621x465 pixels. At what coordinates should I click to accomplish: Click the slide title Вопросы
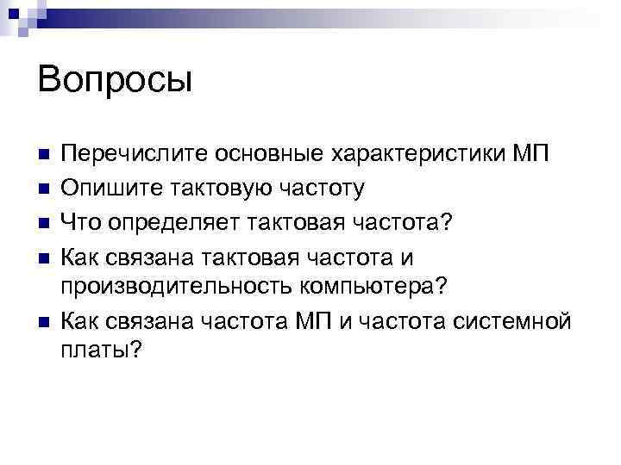click(x=115, y=80)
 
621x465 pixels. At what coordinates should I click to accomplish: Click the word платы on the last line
click(x=102, y=352)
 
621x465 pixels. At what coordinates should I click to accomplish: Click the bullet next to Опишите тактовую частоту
click(x=45, y=189)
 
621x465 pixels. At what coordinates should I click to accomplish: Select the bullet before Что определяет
click(x=45, y=221)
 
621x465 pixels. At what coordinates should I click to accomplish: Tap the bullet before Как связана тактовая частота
click(x=45, y=255)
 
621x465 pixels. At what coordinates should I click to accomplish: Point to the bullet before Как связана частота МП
click(x=45, y=321)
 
